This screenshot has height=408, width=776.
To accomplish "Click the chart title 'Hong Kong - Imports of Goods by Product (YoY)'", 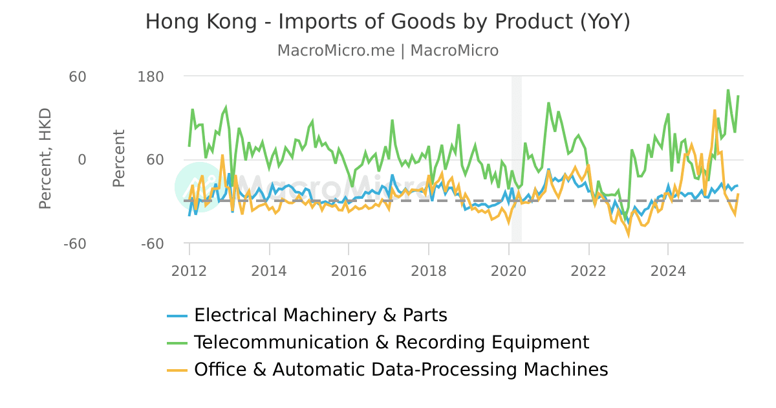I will click(387, 21).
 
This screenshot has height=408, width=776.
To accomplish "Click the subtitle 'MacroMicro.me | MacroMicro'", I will click(387, 51).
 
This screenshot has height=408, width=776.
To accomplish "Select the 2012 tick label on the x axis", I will click(189, 271).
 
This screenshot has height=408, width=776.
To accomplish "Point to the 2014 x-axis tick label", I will click(269, 271).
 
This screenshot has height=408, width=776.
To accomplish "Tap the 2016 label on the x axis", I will click(349, 271).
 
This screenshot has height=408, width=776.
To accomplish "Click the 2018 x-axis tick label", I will click(428, 271).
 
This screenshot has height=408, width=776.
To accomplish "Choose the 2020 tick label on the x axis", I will click(508, 271).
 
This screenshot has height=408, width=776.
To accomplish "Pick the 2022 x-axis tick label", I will click(588, 271).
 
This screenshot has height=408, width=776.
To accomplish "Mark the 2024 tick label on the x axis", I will click(668, 271).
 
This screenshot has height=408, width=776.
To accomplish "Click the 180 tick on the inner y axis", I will click(151, 76).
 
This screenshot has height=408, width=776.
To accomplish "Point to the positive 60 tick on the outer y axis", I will click(78, 76).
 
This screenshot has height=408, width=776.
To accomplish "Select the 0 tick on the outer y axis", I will click(82, 160).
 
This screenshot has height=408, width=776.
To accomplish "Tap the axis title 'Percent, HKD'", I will click(45, 159).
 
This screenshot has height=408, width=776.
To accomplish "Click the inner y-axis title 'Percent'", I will click(119, 159).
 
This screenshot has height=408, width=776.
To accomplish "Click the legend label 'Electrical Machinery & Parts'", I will click(320, 315).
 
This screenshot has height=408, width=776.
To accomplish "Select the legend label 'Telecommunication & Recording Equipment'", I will click(391, 343).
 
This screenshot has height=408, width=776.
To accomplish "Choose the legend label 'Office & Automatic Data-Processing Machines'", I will click(401, 370).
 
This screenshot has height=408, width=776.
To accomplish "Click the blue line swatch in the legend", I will click(177, 316).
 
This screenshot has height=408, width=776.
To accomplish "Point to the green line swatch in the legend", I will click(177, 343).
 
